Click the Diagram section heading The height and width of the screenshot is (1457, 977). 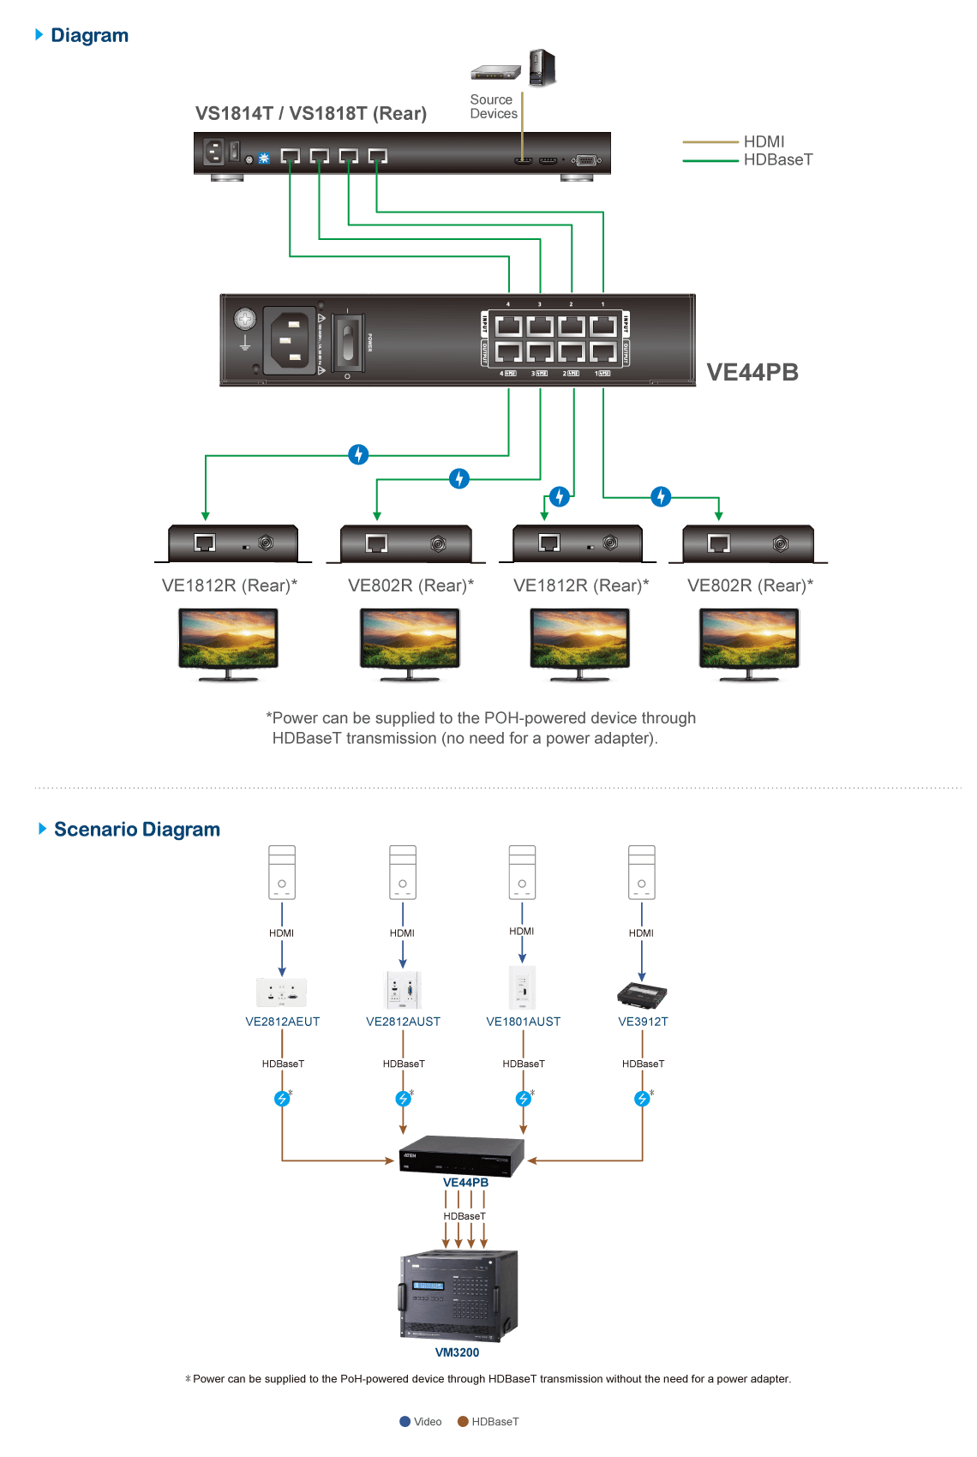click(88, 35)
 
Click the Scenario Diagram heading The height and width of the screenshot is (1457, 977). click(136, 829)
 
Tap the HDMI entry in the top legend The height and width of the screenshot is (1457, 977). click(764, 141)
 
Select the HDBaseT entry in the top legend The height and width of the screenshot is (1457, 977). click(777, 159)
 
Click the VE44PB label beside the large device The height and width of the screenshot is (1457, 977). click(752, 372)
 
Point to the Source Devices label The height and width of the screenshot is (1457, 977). click(493, 106)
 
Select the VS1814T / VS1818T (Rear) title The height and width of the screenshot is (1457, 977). click(310, 113)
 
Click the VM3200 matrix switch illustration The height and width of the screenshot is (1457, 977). click(459, 1296)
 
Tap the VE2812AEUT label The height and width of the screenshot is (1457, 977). click(282, 1022)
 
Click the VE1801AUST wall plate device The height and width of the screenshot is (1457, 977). click(522, 988)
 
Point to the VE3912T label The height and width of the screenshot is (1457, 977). click(642, 1022)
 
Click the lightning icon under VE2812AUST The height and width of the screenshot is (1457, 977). click(403, 1099)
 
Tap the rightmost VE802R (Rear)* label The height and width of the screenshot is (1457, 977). click(750, 585)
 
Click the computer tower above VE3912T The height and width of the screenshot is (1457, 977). click(642, 872)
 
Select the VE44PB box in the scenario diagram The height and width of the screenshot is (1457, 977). click(461, 1156)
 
